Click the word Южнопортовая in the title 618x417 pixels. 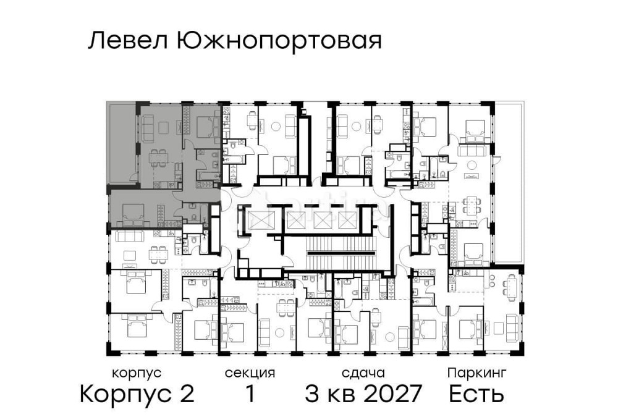pyautogui.click(x=279, y=42)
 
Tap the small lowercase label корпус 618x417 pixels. pyautogui.click(x=137, y=373)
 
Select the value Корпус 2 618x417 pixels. pyautogui.click(x=137, y=394)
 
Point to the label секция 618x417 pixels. pyautogui.click(x=250, y=373)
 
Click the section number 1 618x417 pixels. pyautogui.click(x=250, y=394)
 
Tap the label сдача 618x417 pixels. pyautogui.click(x=363, y=373)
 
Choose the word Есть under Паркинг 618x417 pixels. pyautogui.click(x=476, y=394)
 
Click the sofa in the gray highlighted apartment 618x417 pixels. pyautogui.click(x=148, y=128)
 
